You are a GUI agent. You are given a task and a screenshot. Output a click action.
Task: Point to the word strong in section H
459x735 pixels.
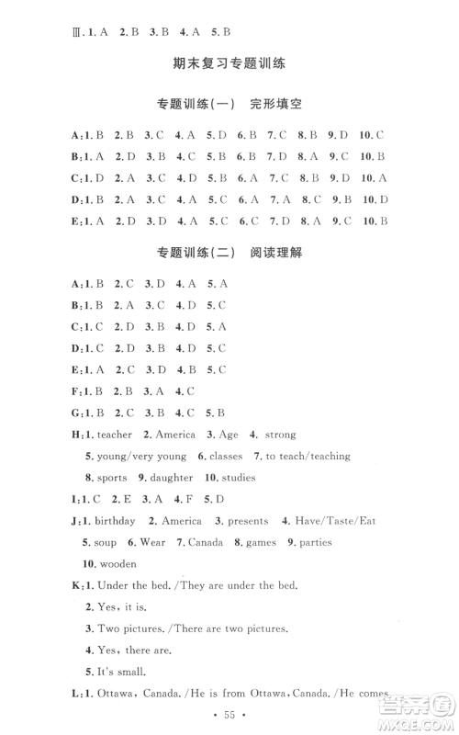278,435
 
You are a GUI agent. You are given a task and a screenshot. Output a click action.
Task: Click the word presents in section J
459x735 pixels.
250,521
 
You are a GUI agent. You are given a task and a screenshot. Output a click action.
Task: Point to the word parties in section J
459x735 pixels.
314,543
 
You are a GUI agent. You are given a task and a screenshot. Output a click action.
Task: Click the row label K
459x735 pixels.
73,586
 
